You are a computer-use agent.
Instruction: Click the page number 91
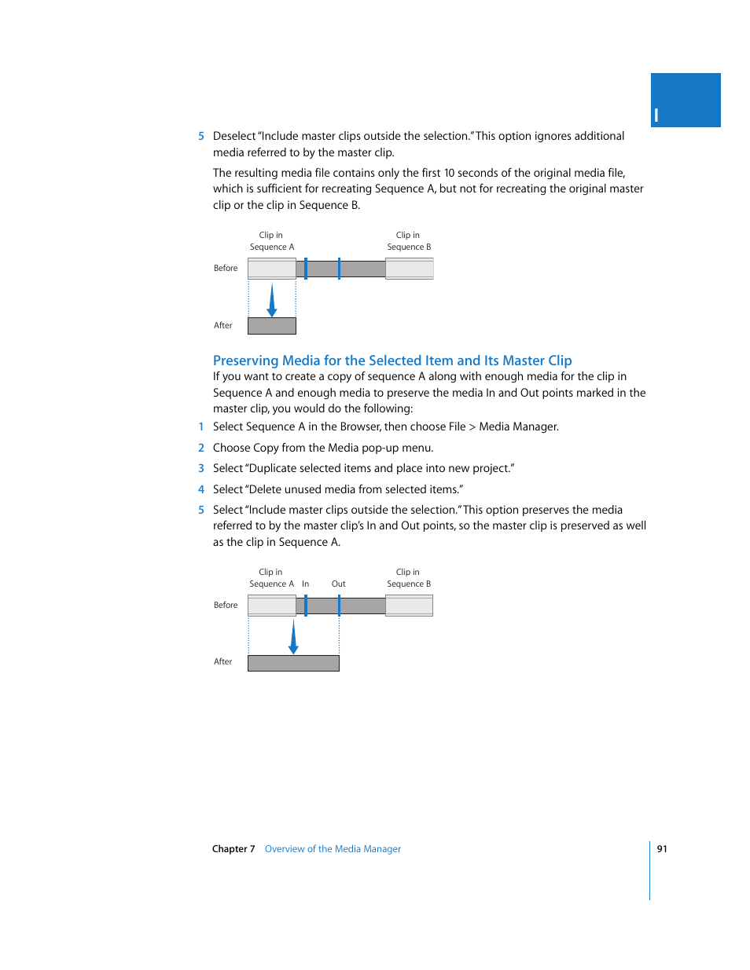[x=662, y=848]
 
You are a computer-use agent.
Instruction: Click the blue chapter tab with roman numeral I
[x=685, y=101]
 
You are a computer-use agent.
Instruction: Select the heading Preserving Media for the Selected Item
[x=392, y=361]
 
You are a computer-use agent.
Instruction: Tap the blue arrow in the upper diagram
[x=272, y=300]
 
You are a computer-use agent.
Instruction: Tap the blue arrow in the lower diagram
[x=293, y=637]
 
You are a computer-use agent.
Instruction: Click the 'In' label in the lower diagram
[x=305, y=584]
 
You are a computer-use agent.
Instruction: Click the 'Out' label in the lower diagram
[x=338, y=584]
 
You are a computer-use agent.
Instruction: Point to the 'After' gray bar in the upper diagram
[x=272, y=326]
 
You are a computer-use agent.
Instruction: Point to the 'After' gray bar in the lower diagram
[x=293, y=663]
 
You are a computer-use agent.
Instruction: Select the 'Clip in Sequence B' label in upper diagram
[x=408, y=241]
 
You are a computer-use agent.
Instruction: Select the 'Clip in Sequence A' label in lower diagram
[x=271, y=578]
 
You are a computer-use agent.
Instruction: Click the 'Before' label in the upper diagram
[x=226, y=268]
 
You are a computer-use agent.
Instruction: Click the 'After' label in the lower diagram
[x=223, y=661]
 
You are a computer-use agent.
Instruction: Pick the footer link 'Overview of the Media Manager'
[x=333, y=849]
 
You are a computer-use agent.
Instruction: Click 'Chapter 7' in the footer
[x=233, y=849]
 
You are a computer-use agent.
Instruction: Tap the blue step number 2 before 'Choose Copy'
[x=201, y=448]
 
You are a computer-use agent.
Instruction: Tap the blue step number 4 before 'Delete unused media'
[x=201, y=489]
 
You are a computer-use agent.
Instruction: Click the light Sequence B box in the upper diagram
[x=409, y=269]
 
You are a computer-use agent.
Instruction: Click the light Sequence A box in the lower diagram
[x=272, y=606]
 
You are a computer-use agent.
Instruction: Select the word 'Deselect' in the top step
[x=234, y=136]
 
